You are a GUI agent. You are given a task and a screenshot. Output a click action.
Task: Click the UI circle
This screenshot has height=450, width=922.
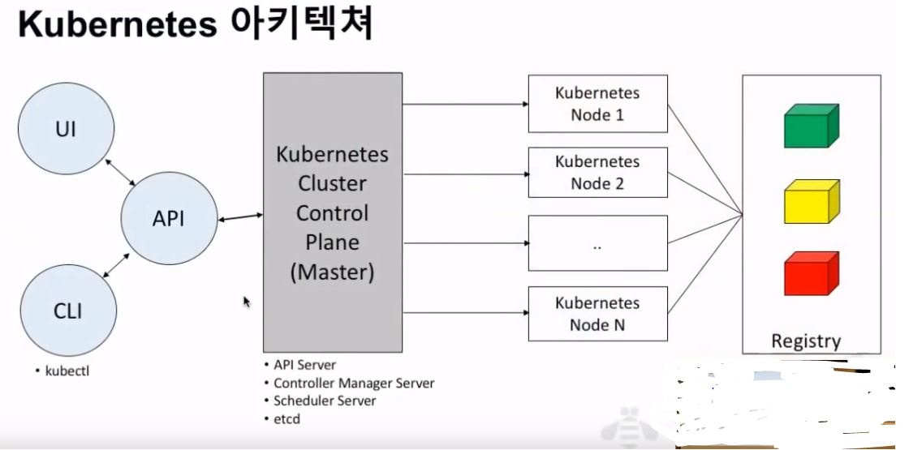point(66,128)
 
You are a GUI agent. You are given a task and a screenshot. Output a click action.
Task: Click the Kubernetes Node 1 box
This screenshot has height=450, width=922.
point(597,104)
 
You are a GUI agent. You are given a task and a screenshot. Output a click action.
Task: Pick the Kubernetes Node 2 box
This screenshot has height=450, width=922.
point(597,173)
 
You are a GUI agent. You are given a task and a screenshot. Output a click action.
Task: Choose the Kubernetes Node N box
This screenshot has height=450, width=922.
point(597,314)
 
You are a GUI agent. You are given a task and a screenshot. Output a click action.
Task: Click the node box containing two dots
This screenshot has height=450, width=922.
point(597,243)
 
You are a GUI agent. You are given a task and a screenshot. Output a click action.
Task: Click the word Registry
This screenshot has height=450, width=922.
point(805,341)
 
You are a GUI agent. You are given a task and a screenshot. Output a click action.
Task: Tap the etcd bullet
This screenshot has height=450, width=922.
point(287,418)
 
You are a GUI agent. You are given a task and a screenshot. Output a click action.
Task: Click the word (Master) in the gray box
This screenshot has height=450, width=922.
point(332,272)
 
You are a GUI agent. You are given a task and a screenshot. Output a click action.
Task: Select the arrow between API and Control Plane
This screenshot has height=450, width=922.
point(240,216)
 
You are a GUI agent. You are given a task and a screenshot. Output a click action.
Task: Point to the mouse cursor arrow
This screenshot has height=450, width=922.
point(247,302)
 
